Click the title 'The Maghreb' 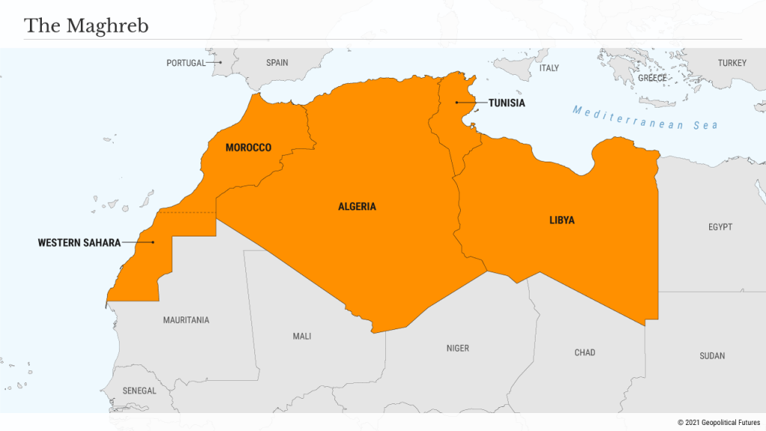click(x=86, y=26)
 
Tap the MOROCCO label click(x=248, y=148)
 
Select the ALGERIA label click(x=357, y=207)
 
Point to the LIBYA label click(x=562, y=220)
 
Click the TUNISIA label click(x=506, y=103)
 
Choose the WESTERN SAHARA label click(x=79, y=242)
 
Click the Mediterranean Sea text click(x=645, y=118)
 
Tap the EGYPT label click(x=720, y=227)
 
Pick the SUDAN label click(x=712, y=356)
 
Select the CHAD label click(x=585, y=352)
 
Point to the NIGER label click(x=458, y=348)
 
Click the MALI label click(x=301, y=337)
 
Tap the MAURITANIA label click(x=186, y=320)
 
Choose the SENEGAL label click(x=139, y=391)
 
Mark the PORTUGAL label click(x=186, y=63)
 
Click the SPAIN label click(x=277, y=63)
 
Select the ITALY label click(x=549, y=68)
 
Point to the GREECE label click(x=652, y=78)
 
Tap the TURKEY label click(x=732, y=63)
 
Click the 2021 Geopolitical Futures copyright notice click(x=718, y=423)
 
